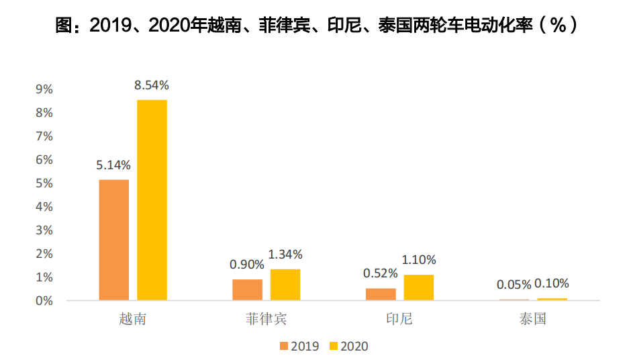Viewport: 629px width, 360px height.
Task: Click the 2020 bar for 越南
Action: (x=152, y=199)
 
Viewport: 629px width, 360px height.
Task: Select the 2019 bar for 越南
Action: (x=113, y=240)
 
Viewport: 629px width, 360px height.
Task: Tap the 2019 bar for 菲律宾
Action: (x=247, y=289)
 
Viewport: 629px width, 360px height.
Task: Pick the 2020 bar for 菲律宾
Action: (x=285, y=285)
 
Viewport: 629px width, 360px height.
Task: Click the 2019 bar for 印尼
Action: (x=381, y=294)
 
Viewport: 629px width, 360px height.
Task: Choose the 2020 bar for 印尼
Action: (x=419, y=287)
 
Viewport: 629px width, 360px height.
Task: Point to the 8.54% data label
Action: (x=152, y=85)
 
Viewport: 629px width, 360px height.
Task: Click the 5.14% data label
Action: (x=113, y=165)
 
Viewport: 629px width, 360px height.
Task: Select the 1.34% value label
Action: (x=285, y=255)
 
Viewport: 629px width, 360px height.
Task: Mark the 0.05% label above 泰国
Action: (x=514, y=284)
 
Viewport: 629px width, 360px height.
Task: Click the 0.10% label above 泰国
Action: (x=552, y=283)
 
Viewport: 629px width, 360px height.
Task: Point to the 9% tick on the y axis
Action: (x=44, y=89)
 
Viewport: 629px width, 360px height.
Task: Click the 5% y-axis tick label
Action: (x=44, y=183)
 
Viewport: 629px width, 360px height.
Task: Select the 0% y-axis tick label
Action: (x=44, y=301)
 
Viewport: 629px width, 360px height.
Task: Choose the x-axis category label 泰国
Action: (x=533, y=318)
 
